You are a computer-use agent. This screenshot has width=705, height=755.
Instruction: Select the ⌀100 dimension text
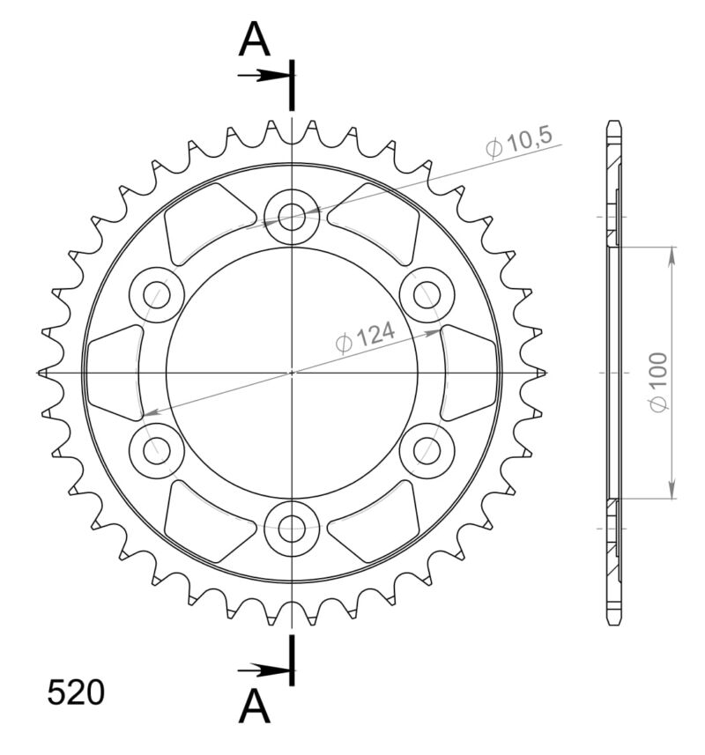coord(657,381)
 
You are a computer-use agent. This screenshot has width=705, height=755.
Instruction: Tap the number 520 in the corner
coord(76,693)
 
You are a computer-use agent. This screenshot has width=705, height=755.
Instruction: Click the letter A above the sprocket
coord(254,40)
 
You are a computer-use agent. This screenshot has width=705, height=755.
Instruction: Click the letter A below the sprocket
coord(254,706)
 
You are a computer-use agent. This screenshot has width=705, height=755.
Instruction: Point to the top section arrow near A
coord(263,75)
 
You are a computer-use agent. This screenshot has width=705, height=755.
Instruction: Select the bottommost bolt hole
coord(292,529)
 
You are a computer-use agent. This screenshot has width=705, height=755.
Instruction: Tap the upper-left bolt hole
coord(156,293)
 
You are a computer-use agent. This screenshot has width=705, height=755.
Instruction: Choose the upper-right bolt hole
coord(427,293)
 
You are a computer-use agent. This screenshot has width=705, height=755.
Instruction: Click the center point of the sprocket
coord(292,373)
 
